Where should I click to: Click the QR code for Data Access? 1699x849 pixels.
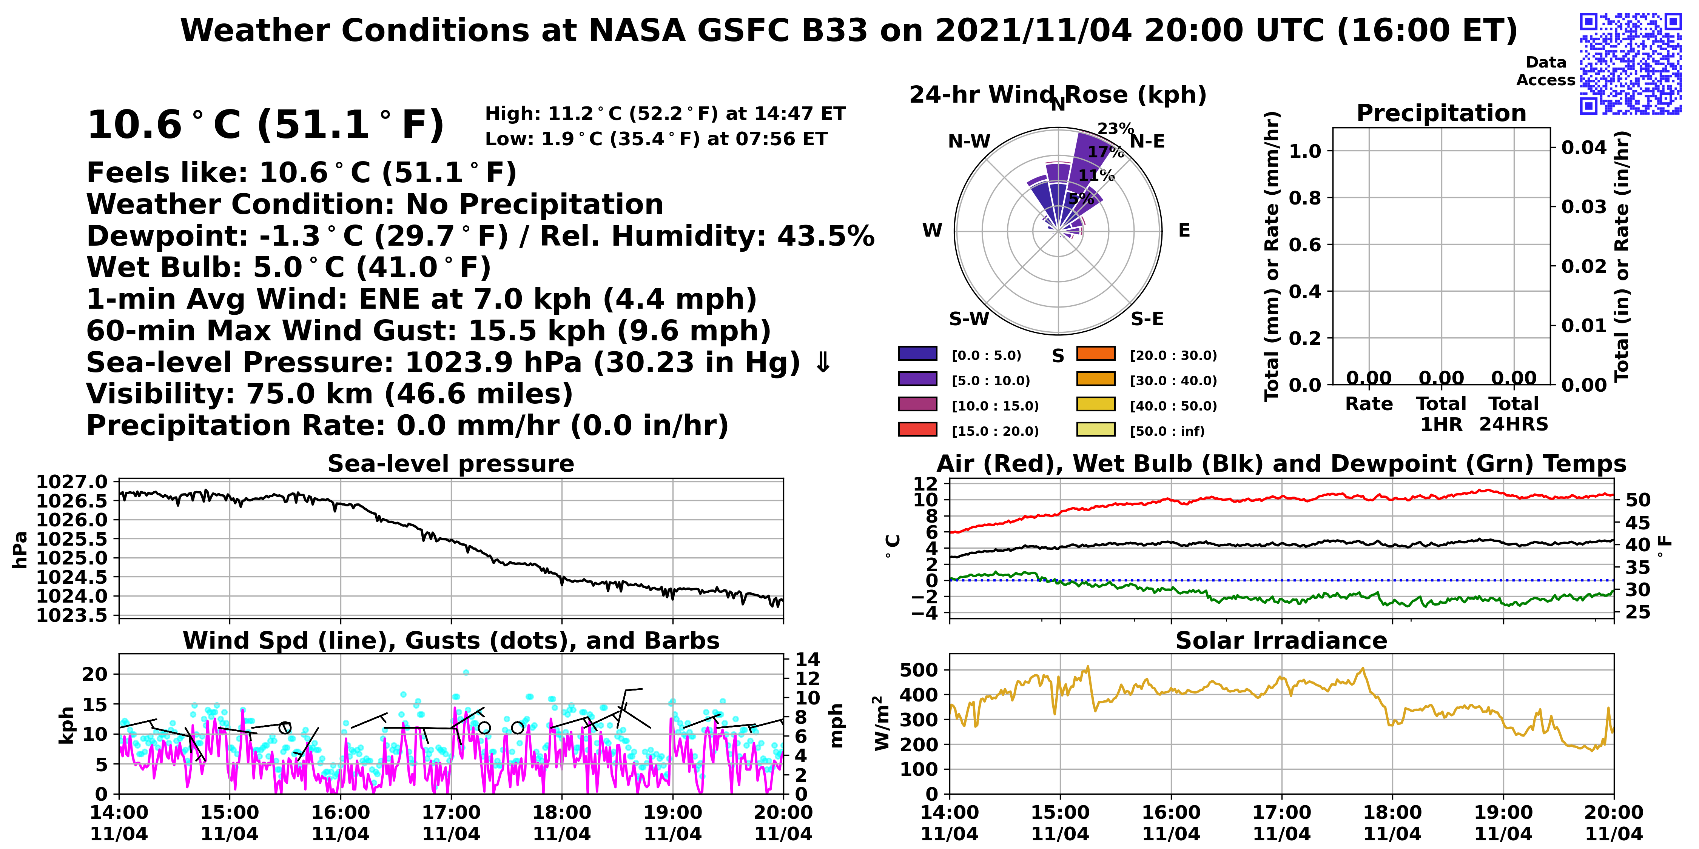tap(1630, 63)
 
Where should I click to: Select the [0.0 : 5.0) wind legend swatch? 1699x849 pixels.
tap(917, 354)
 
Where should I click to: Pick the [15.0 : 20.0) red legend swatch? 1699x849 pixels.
tap(917, 430)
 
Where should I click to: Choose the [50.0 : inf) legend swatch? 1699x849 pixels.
tap(1096, 430)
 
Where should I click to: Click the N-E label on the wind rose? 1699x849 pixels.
tap(1148, 141)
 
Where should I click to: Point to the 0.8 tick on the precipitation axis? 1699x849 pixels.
tap(1305, 198)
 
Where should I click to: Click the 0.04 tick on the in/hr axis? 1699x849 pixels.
tap(1583, 147)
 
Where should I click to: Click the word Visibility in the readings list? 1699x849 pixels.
tap(160, 394)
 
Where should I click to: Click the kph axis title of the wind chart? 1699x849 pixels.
tap(66, 725)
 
